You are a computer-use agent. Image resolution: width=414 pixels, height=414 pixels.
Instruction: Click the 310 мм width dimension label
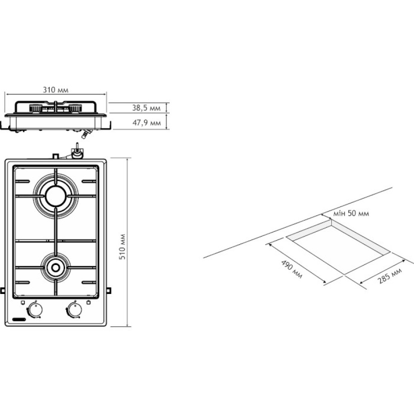(55, 90)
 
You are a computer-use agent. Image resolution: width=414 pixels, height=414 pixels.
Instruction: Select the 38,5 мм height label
(146, 108)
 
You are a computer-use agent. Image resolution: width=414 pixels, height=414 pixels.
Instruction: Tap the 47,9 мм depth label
(147, 123)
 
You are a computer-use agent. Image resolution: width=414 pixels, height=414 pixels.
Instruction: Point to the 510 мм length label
(122, 247)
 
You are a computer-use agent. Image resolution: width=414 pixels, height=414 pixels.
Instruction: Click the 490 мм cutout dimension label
(291, 270)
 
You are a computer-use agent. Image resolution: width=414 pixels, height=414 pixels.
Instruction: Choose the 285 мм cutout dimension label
(390, 275)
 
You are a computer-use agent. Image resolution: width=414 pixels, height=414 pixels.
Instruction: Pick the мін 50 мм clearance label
(351, 213)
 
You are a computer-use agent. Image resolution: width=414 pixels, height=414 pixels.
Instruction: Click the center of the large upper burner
(55, 196)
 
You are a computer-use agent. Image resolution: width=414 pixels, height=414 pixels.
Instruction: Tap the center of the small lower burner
(55, 268)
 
